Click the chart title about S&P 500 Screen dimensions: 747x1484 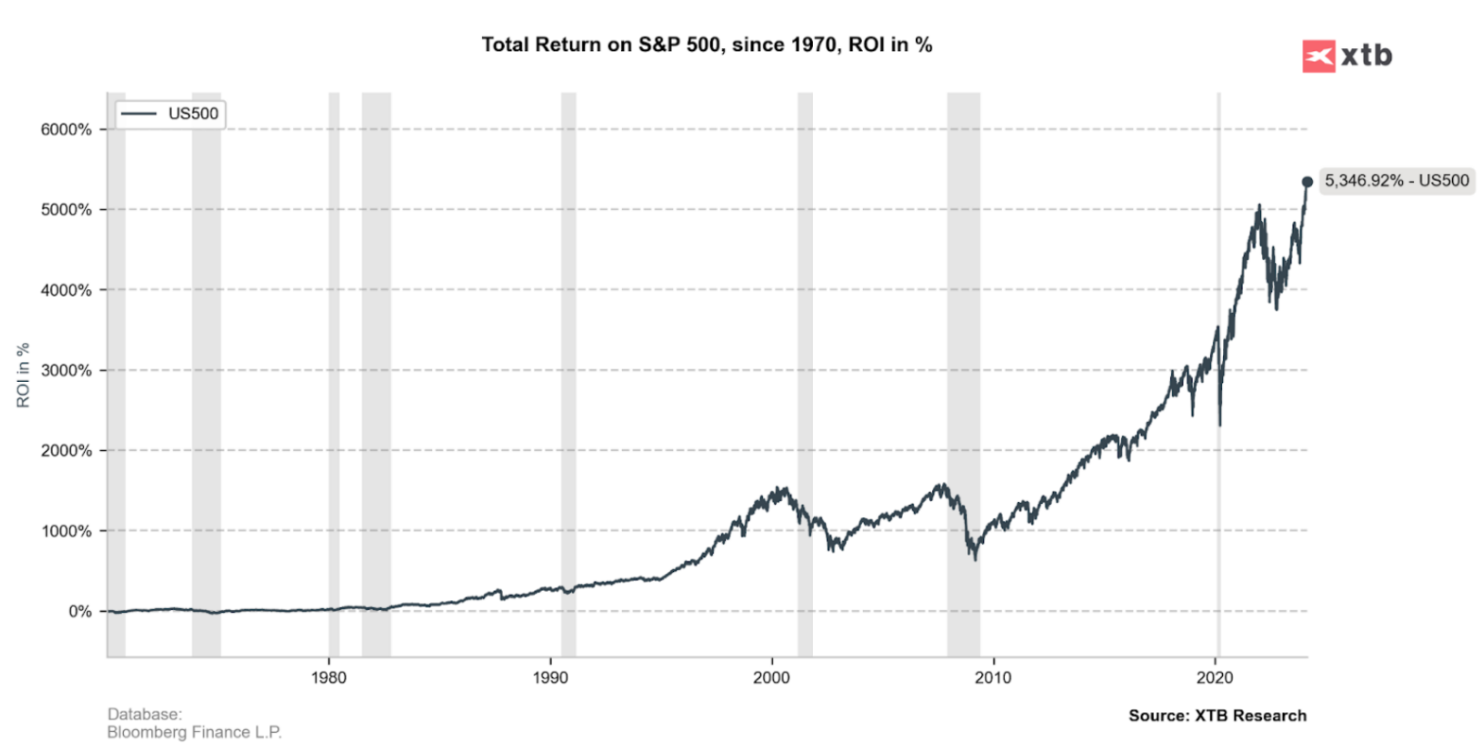click(706, 44)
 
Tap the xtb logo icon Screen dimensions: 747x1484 click(1318, 57)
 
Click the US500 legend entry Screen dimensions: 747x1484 click(170, 113)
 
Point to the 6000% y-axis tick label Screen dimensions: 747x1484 click(66, 130)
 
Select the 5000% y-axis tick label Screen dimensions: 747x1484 click(66, 210)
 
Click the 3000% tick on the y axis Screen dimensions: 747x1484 click(66, 371)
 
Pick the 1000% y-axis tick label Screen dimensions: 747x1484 click(66, 531)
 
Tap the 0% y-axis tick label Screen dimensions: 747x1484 click(79, 612)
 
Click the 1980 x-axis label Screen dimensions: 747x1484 click(328, 677)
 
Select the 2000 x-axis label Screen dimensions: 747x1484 click(771, 677)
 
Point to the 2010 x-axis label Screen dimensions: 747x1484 click(992, 677)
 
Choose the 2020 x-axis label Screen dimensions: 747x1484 click(1215, 677)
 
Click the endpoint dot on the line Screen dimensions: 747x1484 click(1307, 182)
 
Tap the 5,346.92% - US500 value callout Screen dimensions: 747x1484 click(1396, 181)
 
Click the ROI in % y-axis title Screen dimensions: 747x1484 click(24, 375)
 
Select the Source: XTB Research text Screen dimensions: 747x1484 click(1217, 716)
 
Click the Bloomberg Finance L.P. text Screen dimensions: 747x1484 click(194, 732)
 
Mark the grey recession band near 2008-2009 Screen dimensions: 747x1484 click(963, 378)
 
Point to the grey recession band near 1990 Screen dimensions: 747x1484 click(568, 378)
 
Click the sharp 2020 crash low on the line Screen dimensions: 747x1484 click(1219, 425)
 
